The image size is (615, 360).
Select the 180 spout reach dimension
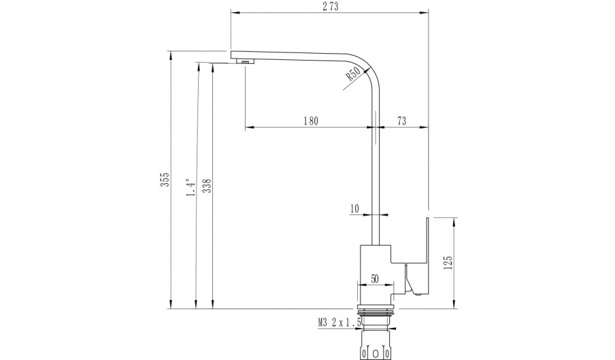coord(310,120)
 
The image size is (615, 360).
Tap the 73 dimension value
coord(401,120)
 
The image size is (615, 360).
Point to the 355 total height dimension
coord(165,179)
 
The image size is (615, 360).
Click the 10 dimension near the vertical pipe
coord(354,209)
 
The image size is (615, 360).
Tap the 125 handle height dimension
coord(448,263)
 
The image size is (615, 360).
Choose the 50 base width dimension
coord(375,279)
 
